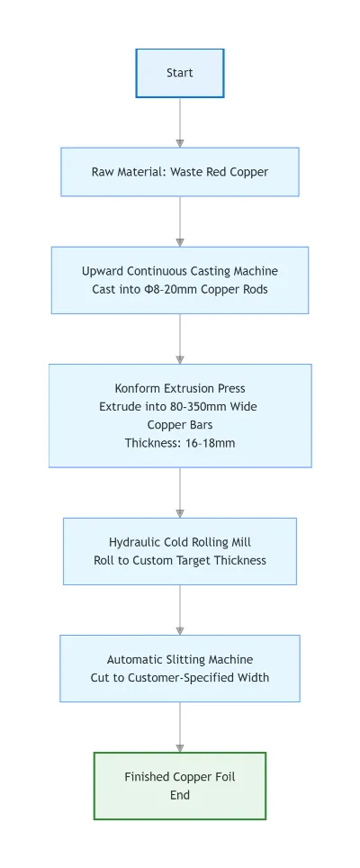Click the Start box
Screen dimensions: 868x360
point(180,73)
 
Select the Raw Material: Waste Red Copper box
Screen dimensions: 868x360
point(180,172)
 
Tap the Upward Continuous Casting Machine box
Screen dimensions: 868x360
point(180,280)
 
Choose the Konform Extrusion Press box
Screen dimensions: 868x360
point(180,415)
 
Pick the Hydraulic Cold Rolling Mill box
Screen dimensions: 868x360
point(180,551)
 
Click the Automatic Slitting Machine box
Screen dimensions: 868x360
point(180,668)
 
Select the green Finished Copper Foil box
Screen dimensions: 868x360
point(180,785)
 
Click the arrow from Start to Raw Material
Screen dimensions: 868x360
point(180,122)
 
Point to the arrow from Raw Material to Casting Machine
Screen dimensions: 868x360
point(180,222)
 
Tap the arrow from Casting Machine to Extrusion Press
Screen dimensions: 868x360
point(180,339)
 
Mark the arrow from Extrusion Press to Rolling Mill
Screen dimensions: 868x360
point(180,493)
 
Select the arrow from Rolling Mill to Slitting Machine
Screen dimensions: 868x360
point(180,610)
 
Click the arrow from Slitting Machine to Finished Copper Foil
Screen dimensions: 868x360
point(180,728)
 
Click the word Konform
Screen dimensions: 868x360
point(139,389)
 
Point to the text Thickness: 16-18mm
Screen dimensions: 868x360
point(180,442)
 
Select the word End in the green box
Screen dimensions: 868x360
point(180,795)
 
